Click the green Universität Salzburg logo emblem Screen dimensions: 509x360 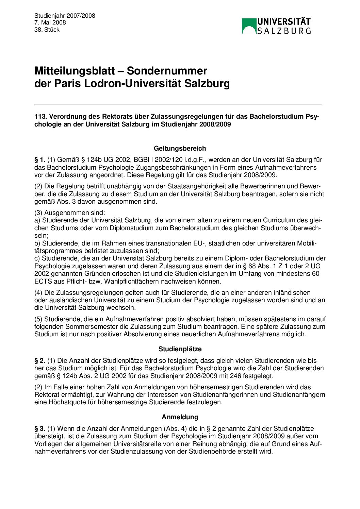[249, 26]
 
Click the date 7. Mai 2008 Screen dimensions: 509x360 [50, 23]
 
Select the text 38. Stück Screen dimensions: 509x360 [47, 30]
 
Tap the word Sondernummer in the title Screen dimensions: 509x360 [167, 71]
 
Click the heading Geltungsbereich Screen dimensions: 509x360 [180, 149]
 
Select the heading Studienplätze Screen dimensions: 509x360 [180, 349]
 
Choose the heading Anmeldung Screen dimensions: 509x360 [180, 417]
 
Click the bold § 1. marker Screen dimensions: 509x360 [40, 160]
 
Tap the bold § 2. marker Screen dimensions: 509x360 [40, 361]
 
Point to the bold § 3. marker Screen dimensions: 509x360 [40, 429]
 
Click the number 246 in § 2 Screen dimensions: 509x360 [235, 376]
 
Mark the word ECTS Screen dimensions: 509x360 [43, 282]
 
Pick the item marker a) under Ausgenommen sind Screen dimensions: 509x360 [37, 221]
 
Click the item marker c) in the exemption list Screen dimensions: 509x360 [37, 259]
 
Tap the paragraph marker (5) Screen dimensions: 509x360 [38, 319]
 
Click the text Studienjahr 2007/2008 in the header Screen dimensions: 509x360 [65, 16]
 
